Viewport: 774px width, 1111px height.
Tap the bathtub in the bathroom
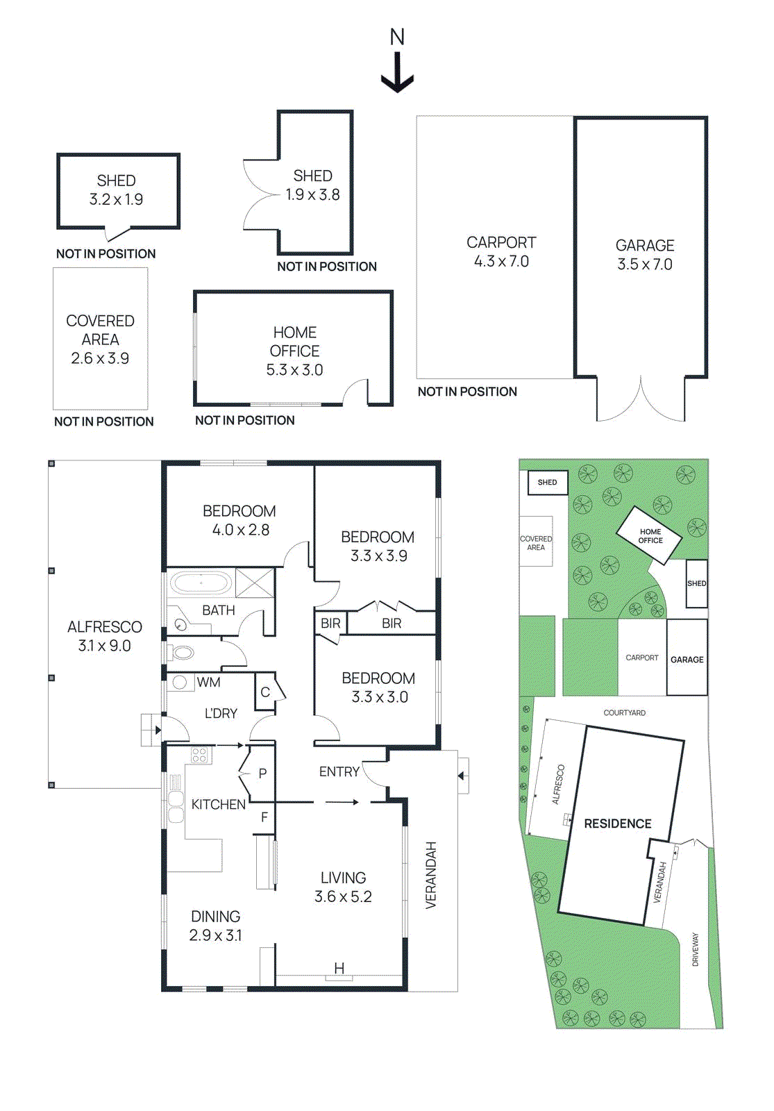201,583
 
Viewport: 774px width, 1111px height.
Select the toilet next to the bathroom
182,653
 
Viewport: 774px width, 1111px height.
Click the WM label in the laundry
208,683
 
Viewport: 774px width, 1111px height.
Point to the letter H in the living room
339,968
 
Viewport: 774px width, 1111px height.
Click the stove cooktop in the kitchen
200,755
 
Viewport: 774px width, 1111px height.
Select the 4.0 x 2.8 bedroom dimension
240,530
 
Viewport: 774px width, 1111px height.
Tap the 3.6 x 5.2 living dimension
343,896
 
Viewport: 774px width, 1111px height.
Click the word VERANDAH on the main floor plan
431,875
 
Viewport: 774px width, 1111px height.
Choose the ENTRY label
339,771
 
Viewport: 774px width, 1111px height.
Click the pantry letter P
262,773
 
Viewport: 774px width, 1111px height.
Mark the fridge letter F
264,817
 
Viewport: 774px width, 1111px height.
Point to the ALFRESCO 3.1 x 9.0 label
104,636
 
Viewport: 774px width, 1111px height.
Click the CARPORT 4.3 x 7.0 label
501,251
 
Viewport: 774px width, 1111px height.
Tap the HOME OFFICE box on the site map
650,535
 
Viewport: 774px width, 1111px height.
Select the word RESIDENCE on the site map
617,824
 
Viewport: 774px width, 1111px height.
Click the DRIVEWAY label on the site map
696,949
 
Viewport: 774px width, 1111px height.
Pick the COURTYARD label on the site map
624,712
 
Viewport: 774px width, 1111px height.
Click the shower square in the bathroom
255,583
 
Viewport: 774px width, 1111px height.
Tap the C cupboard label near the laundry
264,692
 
